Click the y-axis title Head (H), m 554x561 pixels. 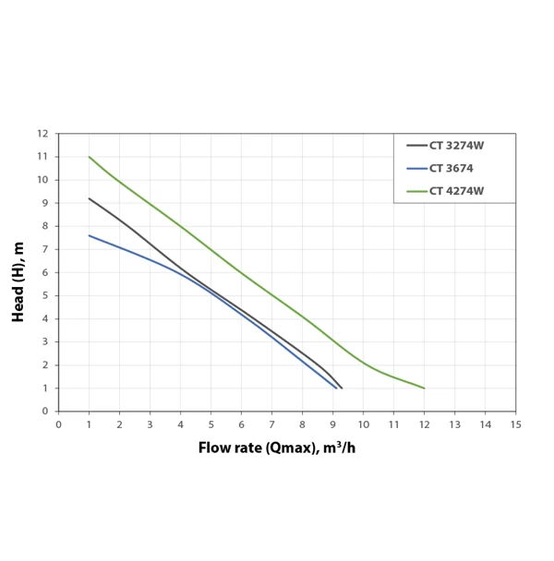(18, 280)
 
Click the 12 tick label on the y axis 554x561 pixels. (42, 133)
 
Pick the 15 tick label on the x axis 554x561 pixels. (515, 424)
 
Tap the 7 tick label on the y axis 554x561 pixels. (45, 249)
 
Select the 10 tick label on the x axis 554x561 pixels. (363, 424)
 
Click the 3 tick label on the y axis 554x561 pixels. (45, 341)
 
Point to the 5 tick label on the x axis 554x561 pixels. (211, 424)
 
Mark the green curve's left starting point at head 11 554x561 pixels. (90, 157)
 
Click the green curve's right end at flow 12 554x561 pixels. (424, 388)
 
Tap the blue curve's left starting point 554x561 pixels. (90, 235)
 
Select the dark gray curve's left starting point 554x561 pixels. (90, 198)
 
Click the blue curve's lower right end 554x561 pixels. (336, 388)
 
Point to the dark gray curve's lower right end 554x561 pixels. (342, 388)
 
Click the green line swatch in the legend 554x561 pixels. (416, 192)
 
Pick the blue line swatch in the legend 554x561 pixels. (416, 168)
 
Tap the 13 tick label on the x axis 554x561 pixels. (454, 424)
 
